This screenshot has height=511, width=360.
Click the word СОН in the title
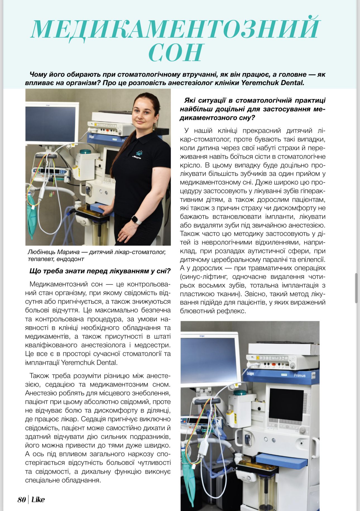[176, 52]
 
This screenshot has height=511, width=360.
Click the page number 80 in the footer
[22, 500]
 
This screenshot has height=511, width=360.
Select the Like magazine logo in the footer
[38, 500]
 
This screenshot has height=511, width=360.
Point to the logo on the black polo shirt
[138, 153]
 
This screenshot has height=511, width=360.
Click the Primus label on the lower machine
[299, 375]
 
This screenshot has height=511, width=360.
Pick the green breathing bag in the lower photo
[186, 475]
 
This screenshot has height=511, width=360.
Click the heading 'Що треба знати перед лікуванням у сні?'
[100, 271]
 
